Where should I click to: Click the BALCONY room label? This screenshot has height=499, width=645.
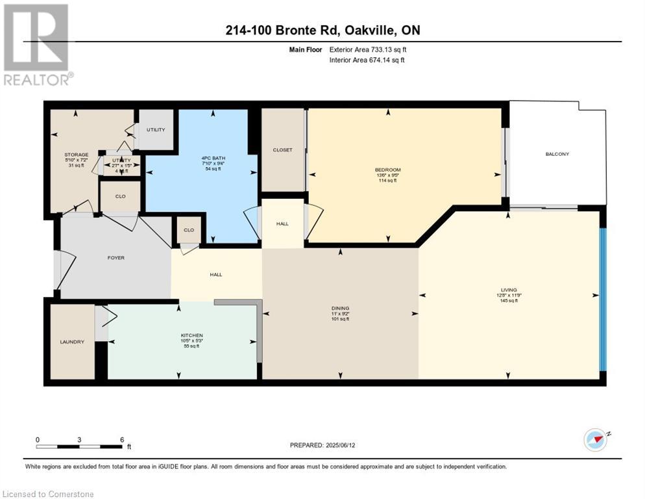[557, 154]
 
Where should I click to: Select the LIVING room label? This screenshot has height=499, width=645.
[509, 289]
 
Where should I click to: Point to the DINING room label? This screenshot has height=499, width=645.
[340, 308]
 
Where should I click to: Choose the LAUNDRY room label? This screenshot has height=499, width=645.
[72, 342]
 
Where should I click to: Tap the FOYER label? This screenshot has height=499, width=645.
[116, 258]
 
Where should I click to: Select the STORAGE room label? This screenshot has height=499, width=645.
[75, 154]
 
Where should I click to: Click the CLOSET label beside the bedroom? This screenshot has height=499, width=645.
[282, 149]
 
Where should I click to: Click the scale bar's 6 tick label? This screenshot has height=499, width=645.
[121, 439]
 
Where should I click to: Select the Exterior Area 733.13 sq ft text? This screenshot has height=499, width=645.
[368, 49]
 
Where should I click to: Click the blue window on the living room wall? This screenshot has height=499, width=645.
[602, 299]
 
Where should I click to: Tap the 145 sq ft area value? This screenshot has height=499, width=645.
[509, 301]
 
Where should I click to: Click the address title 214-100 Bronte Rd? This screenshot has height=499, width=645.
[298, 31]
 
